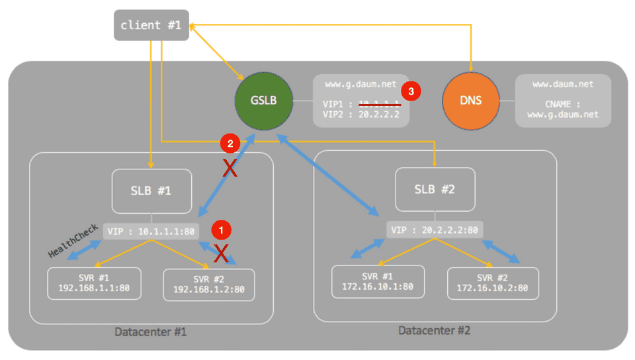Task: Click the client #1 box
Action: [x=151, y=26]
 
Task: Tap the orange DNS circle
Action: [x=470, y=101]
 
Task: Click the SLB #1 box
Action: [x=151, y=191]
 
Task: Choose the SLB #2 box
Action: [x=435, y=189]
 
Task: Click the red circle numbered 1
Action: [x=221, y=229]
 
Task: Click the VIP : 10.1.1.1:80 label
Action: [x=151, y=231]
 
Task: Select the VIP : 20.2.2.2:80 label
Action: [x=435, y=230]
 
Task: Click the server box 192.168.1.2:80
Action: [x=209, y=284]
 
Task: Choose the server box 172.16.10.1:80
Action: [x=377, y=282]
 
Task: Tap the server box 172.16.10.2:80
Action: [x=493, y=283]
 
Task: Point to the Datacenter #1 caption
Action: [x=150, y=332]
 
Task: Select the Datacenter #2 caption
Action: [x=434, y=330]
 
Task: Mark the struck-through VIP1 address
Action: [x=378, y=104]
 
